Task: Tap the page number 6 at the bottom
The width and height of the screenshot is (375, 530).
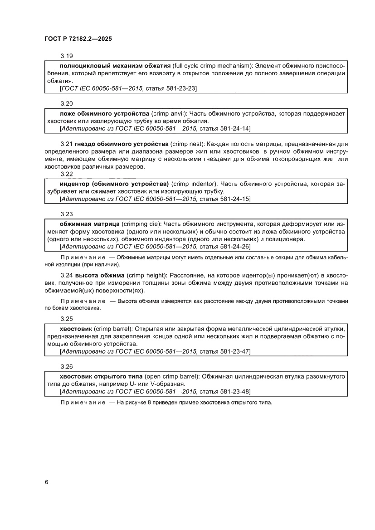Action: (47, 482)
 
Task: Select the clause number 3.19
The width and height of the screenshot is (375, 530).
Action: (67, 57)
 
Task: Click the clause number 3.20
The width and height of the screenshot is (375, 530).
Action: (67, 104)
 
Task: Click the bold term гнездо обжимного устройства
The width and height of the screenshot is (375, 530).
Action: (122, 144)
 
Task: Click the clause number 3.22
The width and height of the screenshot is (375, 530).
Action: (67, 174)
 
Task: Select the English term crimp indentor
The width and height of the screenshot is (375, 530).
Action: (195, 183)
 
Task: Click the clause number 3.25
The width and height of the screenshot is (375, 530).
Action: (67, 319)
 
